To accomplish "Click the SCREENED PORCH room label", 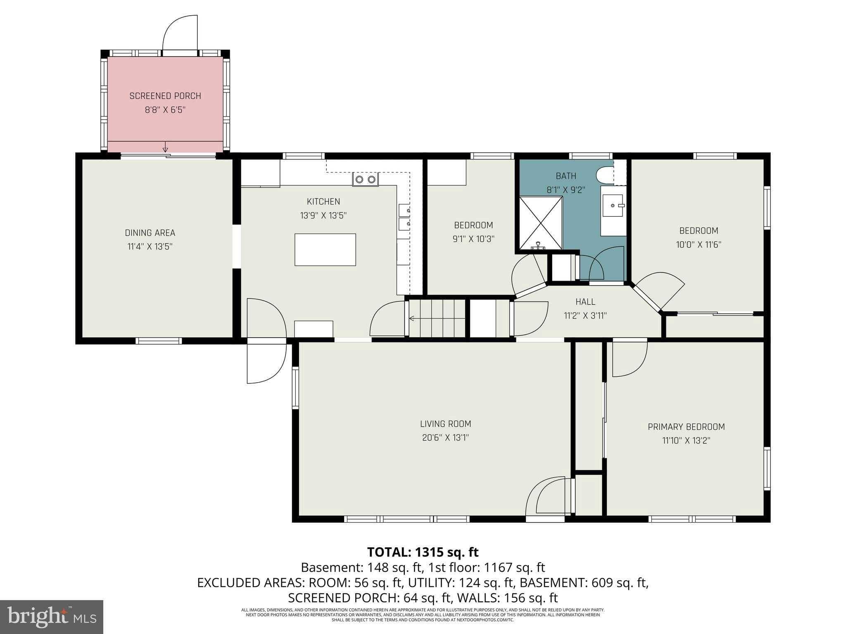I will point(165,96).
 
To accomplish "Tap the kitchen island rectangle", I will point(325,249).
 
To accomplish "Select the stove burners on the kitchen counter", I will point(365,179).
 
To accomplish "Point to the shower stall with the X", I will point(541,223).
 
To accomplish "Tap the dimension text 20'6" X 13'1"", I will point(445,438).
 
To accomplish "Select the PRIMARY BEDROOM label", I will point(686,427).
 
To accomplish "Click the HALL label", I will point(585,302).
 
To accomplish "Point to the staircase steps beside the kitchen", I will point(437,318).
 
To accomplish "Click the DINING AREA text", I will point(150,233).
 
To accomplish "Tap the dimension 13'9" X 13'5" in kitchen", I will point(323,215).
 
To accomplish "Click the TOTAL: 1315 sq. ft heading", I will point(423,552).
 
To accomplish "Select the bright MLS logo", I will point(52,617).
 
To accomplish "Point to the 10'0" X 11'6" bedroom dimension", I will point(699,244).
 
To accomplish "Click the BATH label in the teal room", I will point(566,176).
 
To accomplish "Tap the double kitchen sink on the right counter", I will point(404,217).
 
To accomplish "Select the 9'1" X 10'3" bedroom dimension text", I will point(473,239).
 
